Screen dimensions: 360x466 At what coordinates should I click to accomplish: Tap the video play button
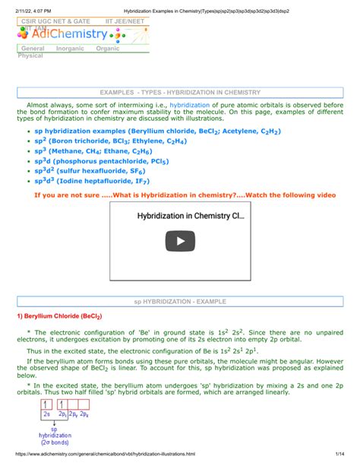tap(180, 242)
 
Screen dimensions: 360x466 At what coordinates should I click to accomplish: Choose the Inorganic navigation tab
tap(70, 49)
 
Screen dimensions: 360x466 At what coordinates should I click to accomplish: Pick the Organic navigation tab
tap(108, 49)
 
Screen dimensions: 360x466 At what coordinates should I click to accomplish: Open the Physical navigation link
tap(30, 55)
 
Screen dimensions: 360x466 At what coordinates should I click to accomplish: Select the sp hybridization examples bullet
tap(137, 130)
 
